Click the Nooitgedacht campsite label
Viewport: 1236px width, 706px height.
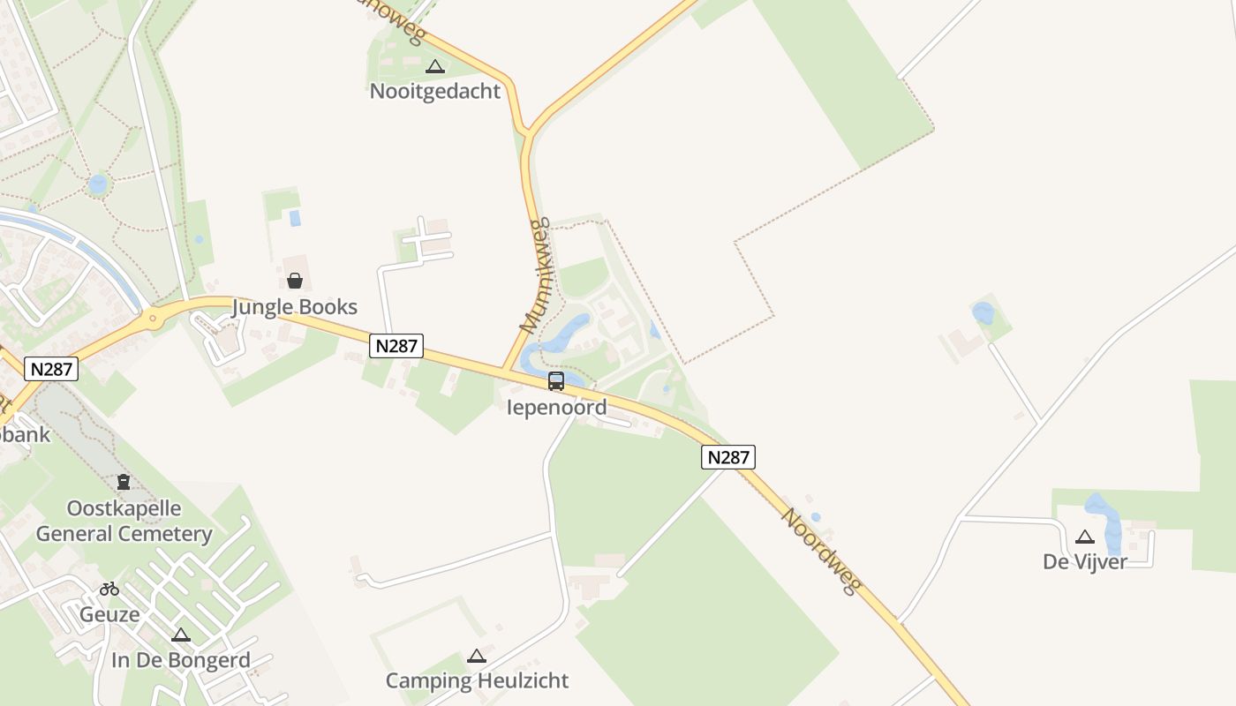pos(434,91)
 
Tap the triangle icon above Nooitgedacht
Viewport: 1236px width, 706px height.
pos(434,66)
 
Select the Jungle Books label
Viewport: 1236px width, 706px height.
pos(294,307)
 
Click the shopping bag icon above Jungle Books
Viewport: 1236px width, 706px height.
pos(295,281)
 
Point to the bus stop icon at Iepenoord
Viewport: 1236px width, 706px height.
pos(556,381)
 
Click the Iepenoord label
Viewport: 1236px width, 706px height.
pos(556,407)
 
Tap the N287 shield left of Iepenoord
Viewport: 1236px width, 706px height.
pos(396,346)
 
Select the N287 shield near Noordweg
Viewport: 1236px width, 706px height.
pos(728,457)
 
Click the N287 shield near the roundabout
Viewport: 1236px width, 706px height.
pos(51,369)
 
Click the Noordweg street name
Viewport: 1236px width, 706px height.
pos(820,552)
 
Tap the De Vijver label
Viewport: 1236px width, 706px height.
pos(1084,561)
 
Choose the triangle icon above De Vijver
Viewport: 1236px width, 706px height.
pos(1085,537)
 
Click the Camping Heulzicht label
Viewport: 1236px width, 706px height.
pos(477,680)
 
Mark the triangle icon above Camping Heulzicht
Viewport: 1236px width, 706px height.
pos(477,656)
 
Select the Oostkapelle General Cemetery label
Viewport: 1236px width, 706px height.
pos(124,521)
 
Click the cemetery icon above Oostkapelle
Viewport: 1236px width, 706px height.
pos(124,482)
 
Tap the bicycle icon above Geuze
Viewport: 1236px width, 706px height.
pos(109,589)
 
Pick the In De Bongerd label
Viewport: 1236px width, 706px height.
pos(181,660)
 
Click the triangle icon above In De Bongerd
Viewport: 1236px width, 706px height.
pos(181,635)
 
